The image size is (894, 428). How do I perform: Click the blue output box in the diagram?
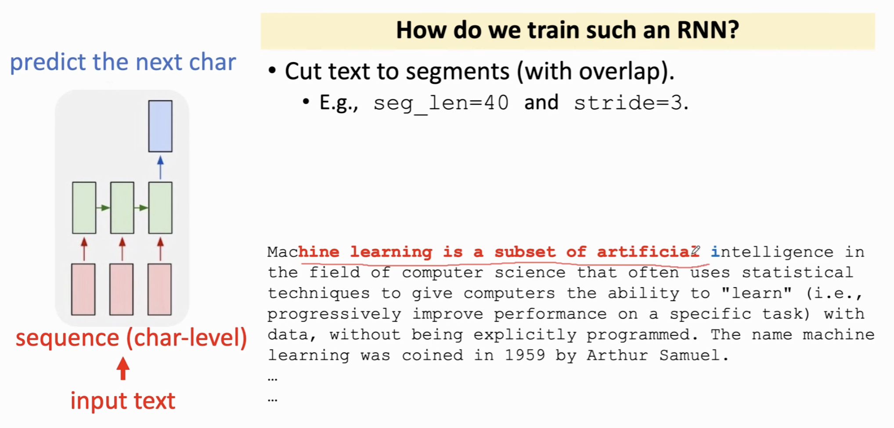160,126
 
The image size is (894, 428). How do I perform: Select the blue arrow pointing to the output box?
160,167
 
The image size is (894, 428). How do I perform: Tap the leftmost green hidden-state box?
84,208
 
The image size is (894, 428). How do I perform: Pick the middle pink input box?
122,289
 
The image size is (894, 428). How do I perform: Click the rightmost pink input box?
160,289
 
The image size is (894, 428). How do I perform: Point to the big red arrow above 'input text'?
123,368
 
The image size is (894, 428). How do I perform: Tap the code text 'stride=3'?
628,103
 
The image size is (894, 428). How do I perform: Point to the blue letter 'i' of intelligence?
715,252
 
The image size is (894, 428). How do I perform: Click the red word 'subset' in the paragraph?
525,252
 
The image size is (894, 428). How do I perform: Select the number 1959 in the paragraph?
525,355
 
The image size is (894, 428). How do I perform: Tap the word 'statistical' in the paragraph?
798,272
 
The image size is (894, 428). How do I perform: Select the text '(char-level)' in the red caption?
187,338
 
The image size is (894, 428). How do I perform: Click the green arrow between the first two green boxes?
103,208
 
